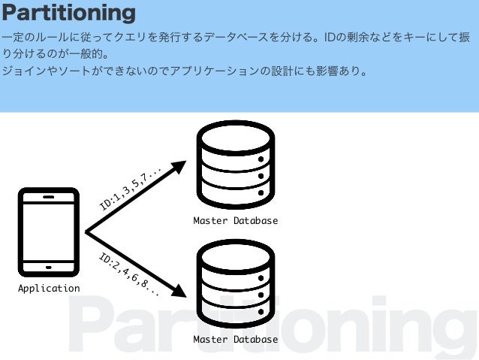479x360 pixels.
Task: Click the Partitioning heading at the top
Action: click(68, 13)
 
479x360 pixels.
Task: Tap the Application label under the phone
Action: click(49, 288)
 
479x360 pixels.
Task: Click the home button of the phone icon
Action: click(49, 267)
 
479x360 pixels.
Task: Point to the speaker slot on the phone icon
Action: click(49, 197)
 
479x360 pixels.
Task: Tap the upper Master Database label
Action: click(235, 221)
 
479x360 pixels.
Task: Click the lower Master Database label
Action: click(235, 340)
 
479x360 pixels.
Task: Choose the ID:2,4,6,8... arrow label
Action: click(128, 274)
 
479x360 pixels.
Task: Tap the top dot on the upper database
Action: click(261, 160)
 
